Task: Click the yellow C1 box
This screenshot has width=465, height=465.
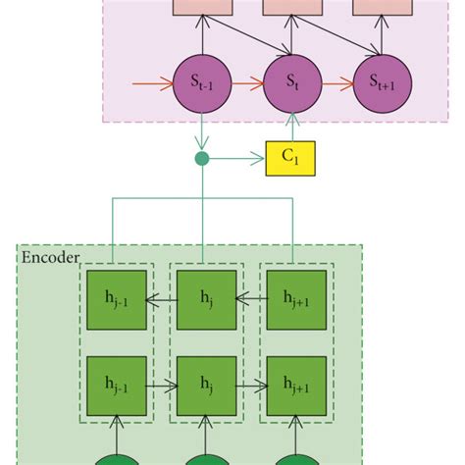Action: click(290, 158)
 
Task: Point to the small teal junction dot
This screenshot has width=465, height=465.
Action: click(202, 157)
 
